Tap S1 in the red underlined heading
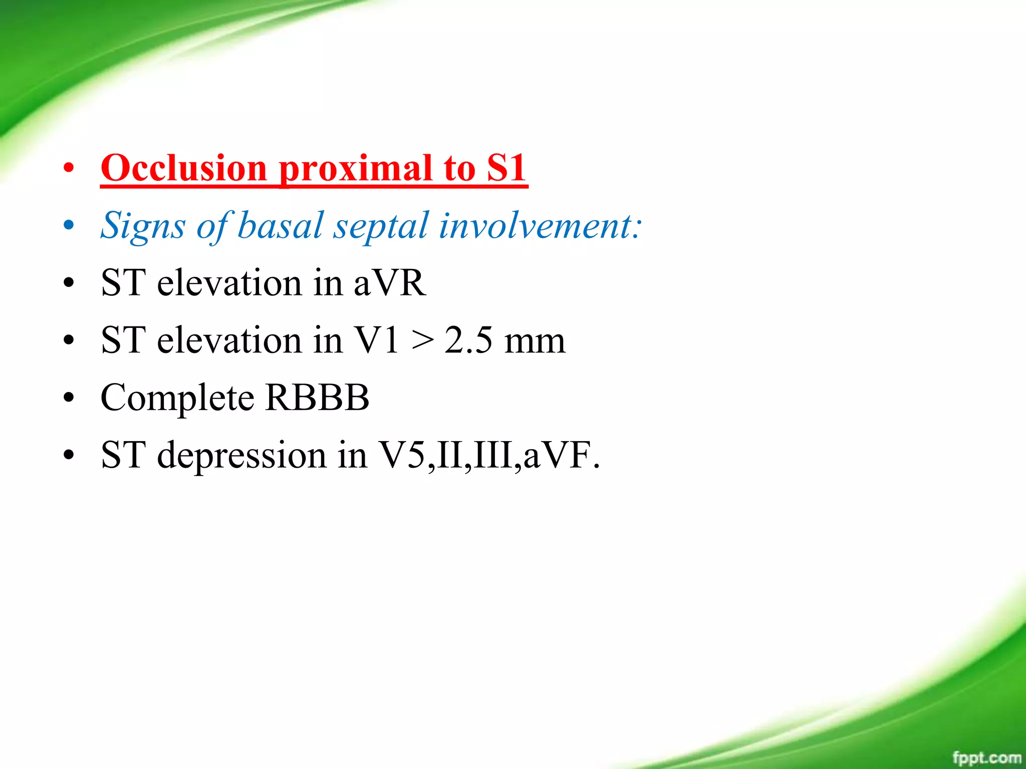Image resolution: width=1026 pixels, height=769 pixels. pyautogui.click(x=506, y=168)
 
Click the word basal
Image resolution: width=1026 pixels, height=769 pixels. pyautogui.click(x=280, y=225)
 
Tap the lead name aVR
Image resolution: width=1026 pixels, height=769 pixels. pyautogui.click(x=390, y=283)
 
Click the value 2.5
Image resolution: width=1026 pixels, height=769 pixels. pyautogui.click(x=468, y=340)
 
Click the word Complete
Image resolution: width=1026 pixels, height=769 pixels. pyautogui.click(x=177, y=399)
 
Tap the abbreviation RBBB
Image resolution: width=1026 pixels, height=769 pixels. pyautogui.click(x=317, y=398)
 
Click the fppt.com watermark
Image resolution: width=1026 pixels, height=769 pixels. pyautogui.click(x=986, y=757)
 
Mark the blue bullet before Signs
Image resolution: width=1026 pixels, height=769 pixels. pyautogui.click(x=69, y=226)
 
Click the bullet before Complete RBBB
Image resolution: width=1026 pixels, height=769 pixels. pyautogui.click(x=69, y=399)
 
